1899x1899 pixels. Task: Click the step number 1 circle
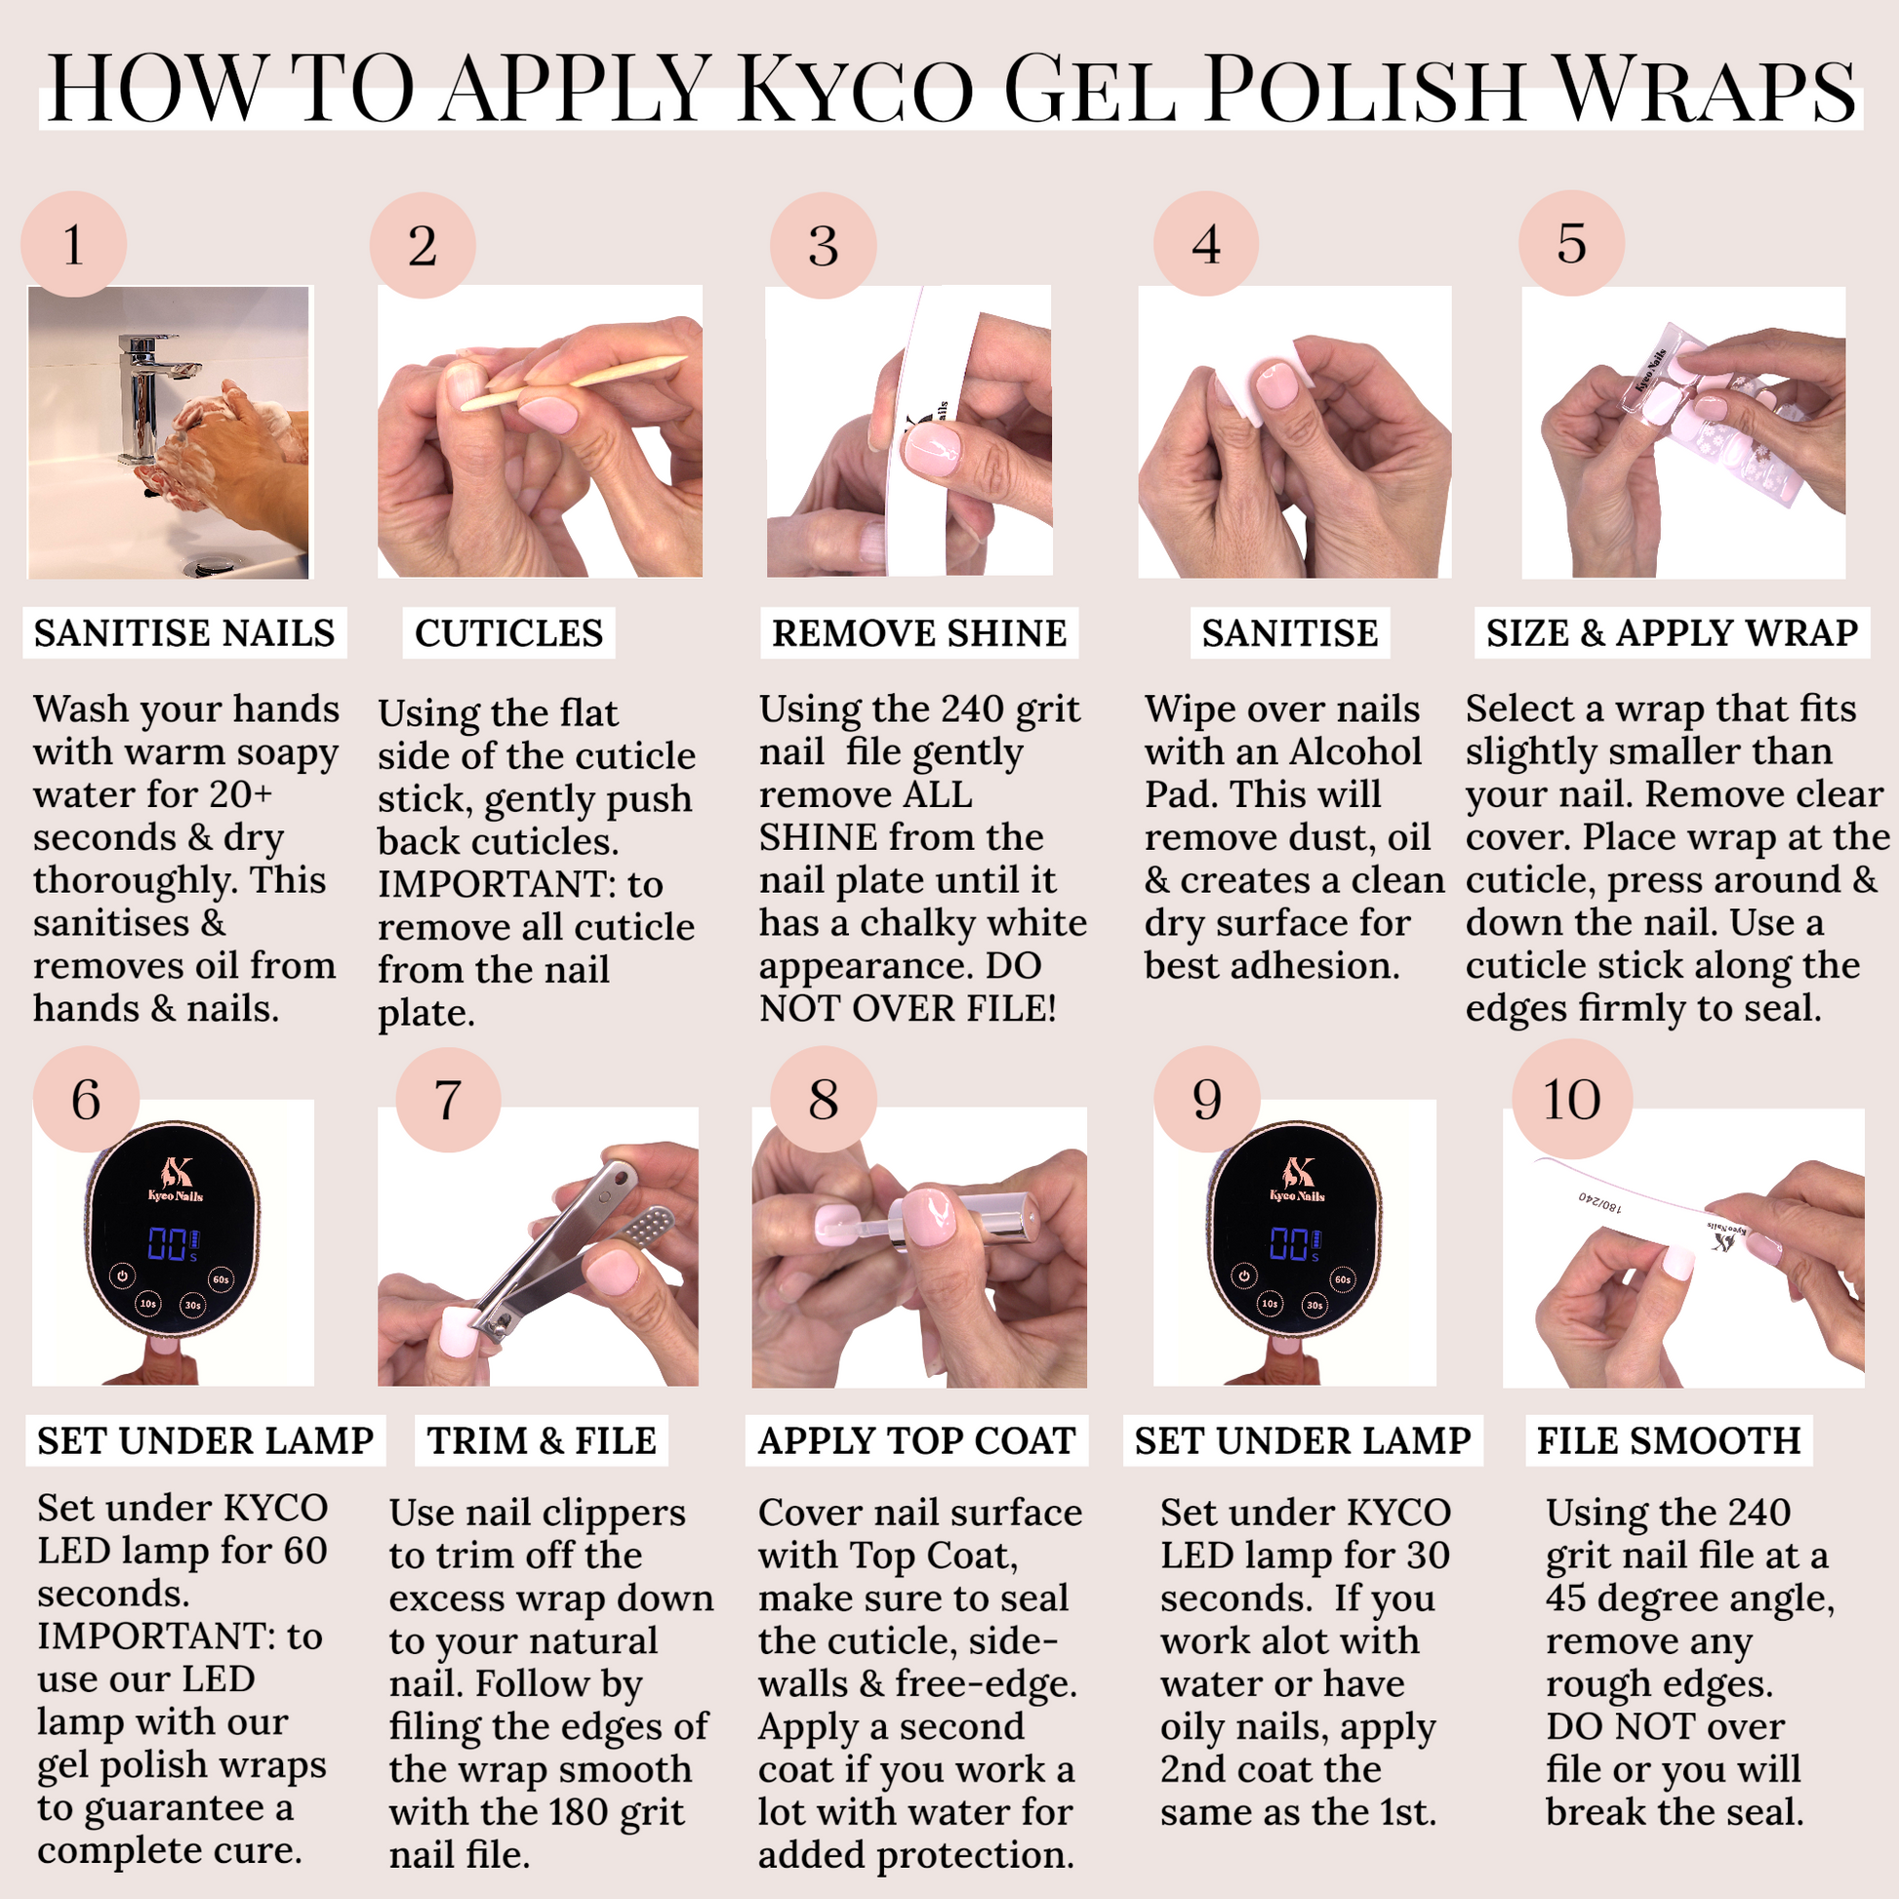point(74,244)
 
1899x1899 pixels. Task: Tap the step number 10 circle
point(1572,1099)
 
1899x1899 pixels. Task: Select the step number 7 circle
point(448,1099)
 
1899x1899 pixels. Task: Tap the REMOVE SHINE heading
point(919,633)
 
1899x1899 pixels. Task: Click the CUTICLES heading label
point(508,633)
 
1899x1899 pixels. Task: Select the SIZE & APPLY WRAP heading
point(1672,632)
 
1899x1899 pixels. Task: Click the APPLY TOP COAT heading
point(916,1440)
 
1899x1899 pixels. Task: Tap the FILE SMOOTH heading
point(1669,1440)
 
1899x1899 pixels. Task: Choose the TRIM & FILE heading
point(542,1440)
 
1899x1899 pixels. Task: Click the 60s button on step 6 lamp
point(221,1278)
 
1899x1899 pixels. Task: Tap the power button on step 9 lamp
point(1244,1275)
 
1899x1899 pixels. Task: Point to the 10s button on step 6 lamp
point(147,1304)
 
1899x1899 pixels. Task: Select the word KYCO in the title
point(856,91)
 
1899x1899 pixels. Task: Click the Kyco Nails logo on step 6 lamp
point(175,1179)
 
